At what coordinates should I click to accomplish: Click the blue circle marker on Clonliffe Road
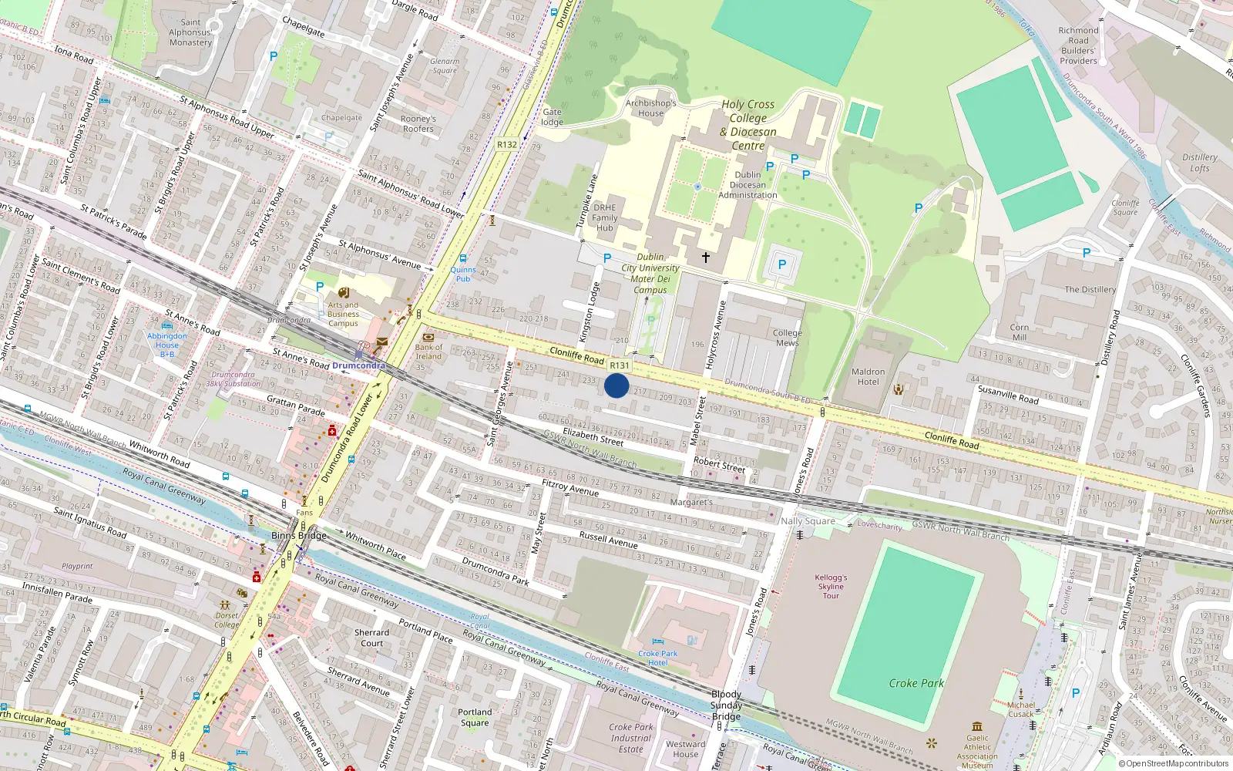(616, 385)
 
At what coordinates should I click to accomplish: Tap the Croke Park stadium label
(916, 683)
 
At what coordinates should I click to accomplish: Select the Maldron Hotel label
(868, 376)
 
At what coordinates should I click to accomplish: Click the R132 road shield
(507, 144)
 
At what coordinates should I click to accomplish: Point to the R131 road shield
(619, 365)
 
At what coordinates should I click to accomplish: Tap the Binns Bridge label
(299, 535)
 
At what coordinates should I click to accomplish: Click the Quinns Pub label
(463, 274)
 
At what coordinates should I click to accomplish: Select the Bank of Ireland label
(428, 352)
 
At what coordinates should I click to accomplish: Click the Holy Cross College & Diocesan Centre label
(748, 125)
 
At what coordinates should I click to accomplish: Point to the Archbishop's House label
(651, 108)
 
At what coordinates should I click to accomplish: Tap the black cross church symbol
(705, 258)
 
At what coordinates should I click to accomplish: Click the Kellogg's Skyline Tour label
(831, 586)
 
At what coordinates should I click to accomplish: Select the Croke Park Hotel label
(658, 658)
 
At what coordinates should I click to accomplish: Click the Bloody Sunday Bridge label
(726, 705)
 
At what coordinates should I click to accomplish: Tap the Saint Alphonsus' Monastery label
(190, 32)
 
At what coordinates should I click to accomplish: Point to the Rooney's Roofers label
(418, 123)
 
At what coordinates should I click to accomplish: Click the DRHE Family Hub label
(605, 217)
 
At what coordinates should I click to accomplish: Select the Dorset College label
(227, 620)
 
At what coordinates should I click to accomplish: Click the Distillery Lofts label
(1200, 163)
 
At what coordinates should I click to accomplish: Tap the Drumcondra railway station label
(358, 365)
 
